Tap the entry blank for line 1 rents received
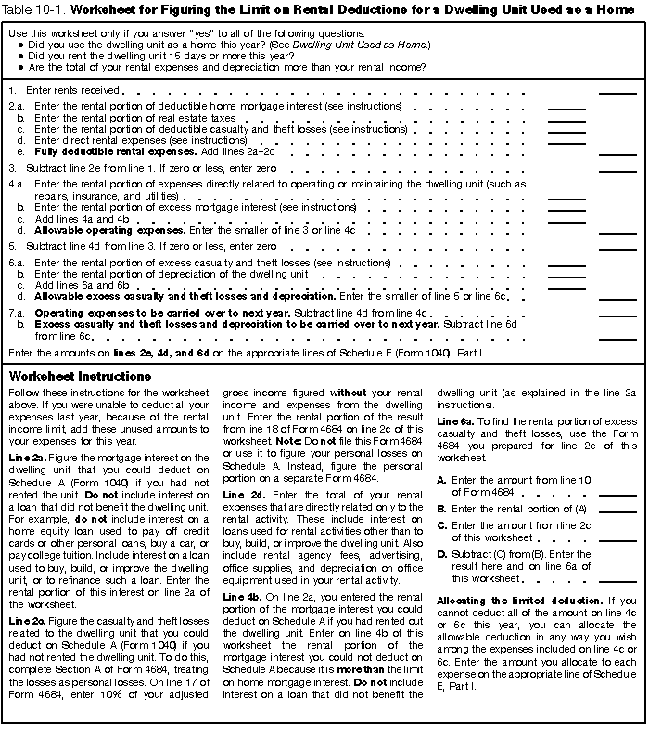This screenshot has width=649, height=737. pyautogui.click(x=617, y=92)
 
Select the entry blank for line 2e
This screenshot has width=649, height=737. pyautogui.click(x=617, y=152)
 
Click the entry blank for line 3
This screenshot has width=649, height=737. pyautogui.click(x=617, y=169)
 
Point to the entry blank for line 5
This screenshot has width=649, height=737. pyautogui.click(x=617, y=248)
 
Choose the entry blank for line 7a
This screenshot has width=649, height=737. pyautogui.click(x=617, y=316)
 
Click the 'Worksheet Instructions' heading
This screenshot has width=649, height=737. pyautogui.click(x=79, y=377)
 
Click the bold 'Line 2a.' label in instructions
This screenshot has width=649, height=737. pyautogui.click(x=29, y=458)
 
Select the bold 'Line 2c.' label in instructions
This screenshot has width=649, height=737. pyautogui.click(x=29, y=619)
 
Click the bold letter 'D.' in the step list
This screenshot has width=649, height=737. pyautogui.click(x=442, y=555)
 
